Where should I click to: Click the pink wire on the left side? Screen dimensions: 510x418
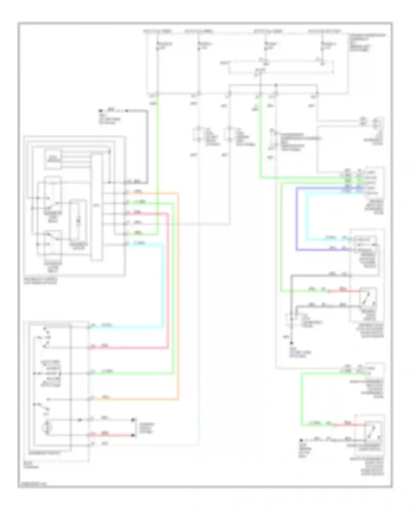point(168,279)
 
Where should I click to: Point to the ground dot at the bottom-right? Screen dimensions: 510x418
point(301,440)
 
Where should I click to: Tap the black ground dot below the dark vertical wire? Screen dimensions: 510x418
point(291,343)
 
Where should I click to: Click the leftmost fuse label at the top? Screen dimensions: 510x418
point(157,31)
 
